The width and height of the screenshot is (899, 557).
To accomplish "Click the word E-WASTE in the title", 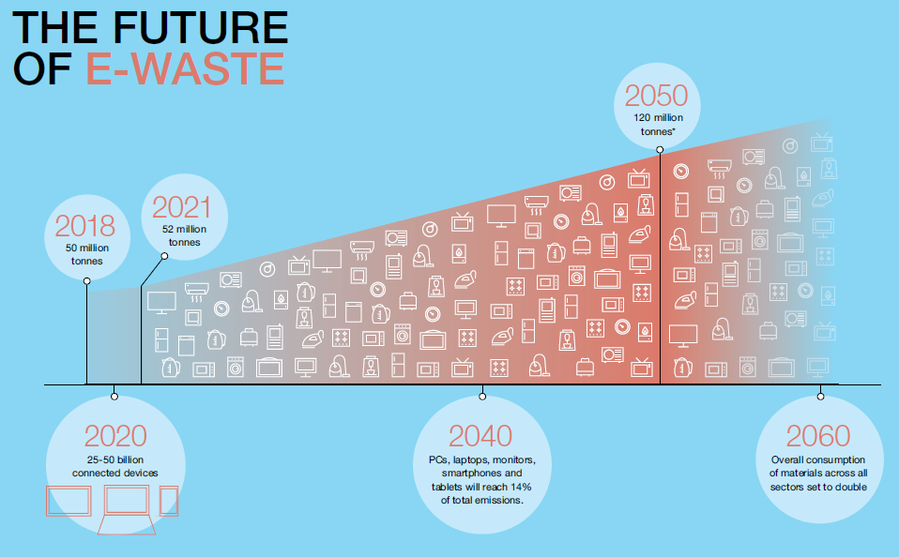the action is tap(185, 68).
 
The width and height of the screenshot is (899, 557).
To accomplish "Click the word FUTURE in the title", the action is tap(200, 27).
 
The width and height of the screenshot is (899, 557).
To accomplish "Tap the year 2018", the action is tap(85, 226).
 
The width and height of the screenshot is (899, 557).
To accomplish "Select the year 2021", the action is tap(182, 207).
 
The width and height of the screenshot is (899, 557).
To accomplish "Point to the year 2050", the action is tap(656, 96).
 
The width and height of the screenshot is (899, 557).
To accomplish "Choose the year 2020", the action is tap(115, 436).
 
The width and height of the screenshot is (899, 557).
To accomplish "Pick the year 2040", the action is tap(480, 436).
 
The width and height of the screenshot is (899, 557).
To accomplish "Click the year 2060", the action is tap(818, 436).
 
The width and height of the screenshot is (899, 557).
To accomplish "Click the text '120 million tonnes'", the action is tap(658, 125).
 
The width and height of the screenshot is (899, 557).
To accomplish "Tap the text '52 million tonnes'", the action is tap(184, 235).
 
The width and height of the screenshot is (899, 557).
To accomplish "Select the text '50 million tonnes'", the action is tap(87, 254).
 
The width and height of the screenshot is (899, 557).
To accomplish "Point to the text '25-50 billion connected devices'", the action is tap(115, 466).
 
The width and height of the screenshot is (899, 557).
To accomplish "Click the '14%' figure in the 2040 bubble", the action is tap(521, 487).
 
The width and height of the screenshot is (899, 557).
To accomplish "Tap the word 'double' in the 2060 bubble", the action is tap(851, 487).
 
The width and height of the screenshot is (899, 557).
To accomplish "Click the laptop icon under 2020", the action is tap(127, 509).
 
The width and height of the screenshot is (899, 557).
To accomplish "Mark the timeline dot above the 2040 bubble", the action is tap(482, 397).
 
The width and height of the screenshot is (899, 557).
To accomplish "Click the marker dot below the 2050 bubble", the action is tap(660, 150).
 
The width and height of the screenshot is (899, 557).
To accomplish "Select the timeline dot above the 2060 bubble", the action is tap(820, 397).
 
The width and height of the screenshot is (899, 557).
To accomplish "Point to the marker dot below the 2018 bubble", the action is tap(86, 280).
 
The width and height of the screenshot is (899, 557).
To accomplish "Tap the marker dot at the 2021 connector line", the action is tap(164, 256).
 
